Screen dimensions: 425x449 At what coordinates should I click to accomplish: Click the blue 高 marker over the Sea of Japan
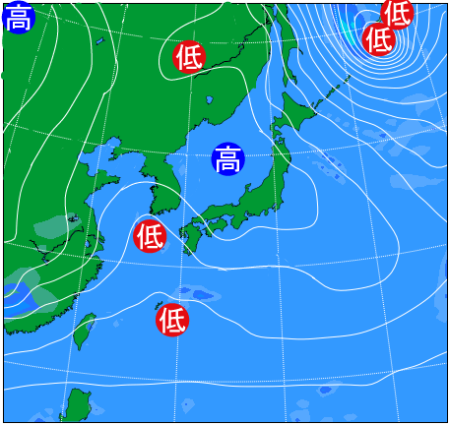point(227,157)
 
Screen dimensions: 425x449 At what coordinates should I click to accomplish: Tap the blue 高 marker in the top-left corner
point(17,17)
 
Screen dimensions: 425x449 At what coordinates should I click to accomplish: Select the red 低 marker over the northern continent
point(188,57)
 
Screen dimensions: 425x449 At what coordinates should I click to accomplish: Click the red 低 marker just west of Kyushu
point(150,236)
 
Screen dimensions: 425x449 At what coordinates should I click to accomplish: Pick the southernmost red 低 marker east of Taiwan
point(172,320)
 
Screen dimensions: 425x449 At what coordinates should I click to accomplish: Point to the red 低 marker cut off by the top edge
point(397,13)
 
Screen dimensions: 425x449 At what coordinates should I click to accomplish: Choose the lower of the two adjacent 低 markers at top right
point(378,39)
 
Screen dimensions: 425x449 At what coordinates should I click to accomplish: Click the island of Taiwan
point(85,331)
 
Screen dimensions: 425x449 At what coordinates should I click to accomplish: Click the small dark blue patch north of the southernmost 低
point(201,294)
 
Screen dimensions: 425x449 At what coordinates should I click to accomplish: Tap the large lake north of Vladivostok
point(210,99)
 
